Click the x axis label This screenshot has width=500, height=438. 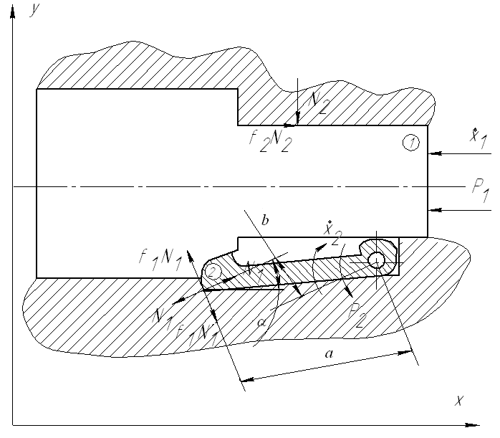pos(459,400)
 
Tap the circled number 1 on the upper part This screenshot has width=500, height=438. pos(410,143)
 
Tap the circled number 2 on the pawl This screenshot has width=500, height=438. pos(212,272)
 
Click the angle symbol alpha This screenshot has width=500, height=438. pos(262,323)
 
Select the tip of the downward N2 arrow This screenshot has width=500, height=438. pos(297,123)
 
